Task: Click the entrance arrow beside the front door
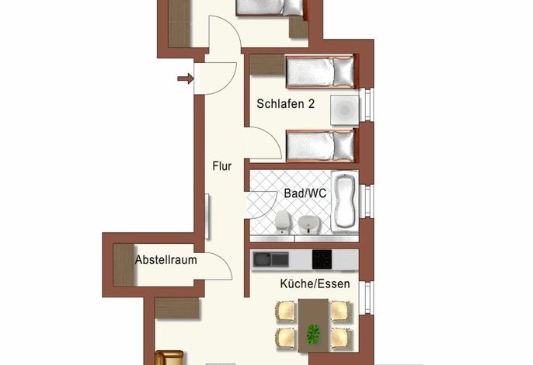(x=186, y=79)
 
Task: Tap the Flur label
(x=222, y=166)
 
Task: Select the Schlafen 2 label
(x=286, y=103)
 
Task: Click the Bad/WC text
(x=305, y=193)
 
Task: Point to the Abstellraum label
(x=166, y=260)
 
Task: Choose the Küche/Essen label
(x=315, y=283)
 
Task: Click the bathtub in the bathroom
(x=345, y=201)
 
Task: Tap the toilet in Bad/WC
(x=282, y=221)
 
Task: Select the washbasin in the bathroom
(x=308, y=224)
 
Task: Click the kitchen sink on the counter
(x=270, y=259)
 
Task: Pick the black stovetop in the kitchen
(x=322, y=259)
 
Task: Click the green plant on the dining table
(x=313, y=334)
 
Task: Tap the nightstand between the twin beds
(x=345, y=109)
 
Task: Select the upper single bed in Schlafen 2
(x=321, y=72)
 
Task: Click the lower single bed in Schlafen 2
(x=321, y=145)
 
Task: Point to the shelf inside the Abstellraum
(x=124, y=265)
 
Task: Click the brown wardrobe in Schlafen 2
(x=267, y=64)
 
